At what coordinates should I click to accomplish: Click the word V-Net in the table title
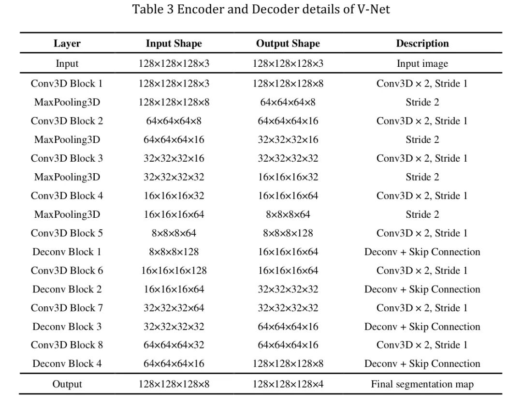coord(373,9)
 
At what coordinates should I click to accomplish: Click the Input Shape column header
coord(174,44)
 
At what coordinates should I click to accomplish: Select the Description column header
coord(422,44)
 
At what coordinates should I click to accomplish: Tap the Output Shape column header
coord(288,44)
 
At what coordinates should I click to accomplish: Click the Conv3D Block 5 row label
coord(67,233)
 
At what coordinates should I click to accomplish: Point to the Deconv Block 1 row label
coord(67,252)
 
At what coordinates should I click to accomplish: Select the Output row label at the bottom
coord(67,384)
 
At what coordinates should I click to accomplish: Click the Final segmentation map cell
coord(422,384)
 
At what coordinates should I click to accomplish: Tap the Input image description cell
coord(422,64)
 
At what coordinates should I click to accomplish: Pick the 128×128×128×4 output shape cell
coord(288,384)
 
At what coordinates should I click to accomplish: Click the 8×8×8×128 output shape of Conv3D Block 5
coord(288,233)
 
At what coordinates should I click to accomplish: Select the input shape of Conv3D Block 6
coord(174,271)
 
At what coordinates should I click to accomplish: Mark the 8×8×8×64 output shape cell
coord(288,214)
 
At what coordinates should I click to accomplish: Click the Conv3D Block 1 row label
coord(67,84)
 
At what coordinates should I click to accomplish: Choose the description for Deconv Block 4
coord(422,364)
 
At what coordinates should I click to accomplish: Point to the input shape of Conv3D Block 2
coord(174,121)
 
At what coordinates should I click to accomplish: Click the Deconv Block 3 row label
coord(67,327)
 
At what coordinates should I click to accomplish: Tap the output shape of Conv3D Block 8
coord(288,345)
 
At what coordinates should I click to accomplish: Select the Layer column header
coord(67,44)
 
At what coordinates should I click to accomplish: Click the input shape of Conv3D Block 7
coord(174,308)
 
